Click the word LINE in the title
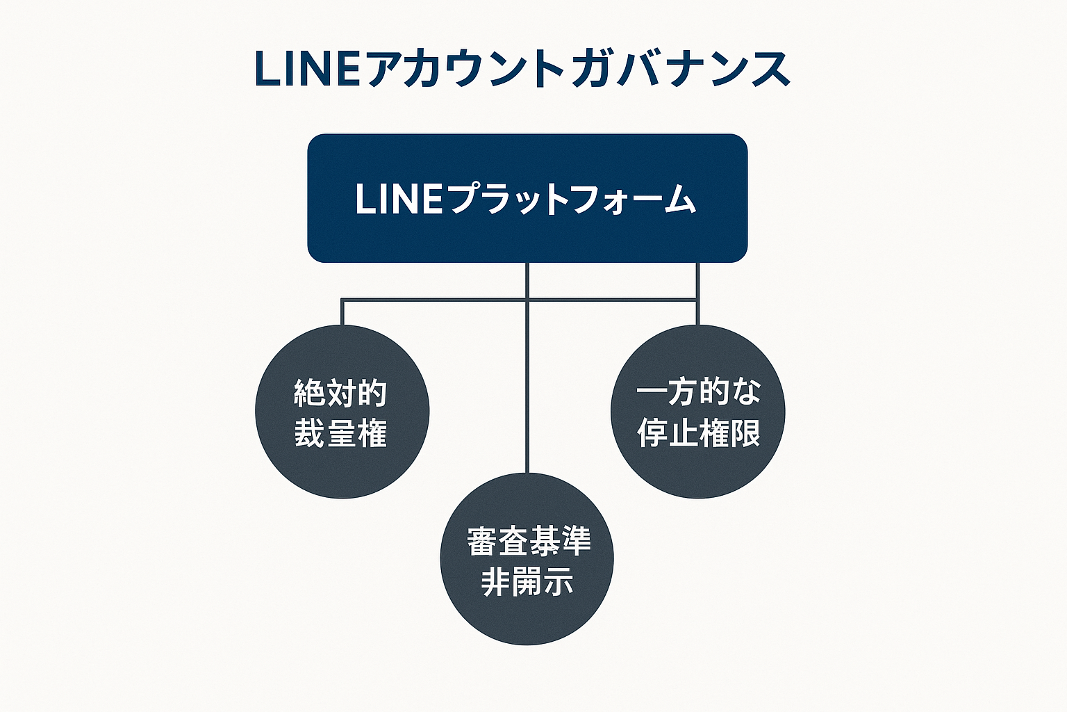pos(308,70)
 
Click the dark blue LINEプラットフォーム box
pos(527,236)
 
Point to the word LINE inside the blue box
pos(398,199)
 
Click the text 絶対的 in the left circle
pos(340,394)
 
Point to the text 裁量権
pos(340,433)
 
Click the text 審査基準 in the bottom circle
pos(529,541)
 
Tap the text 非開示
pos(527,581)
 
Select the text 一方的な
pos(698,391)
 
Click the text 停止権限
pos(698,432)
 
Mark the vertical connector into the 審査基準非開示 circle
pos(527,389)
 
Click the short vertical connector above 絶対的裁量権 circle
pos(342,313)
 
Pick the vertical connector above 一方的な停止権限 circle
pos(697,292)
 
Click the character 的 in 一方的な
pos(715,391)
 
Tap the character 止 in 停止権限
pos(683,432)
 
